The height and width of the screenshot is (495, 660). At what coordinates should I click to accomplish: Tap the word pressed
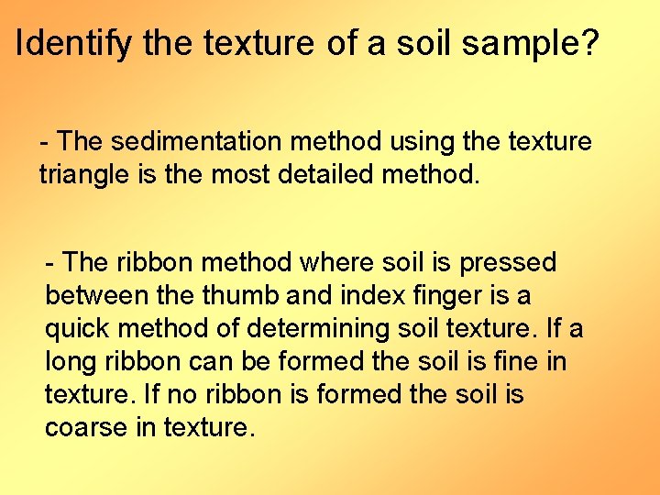[508, 263]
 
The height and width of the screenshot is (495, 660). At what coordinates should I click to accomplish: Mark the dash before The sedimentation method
[45, 143]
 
